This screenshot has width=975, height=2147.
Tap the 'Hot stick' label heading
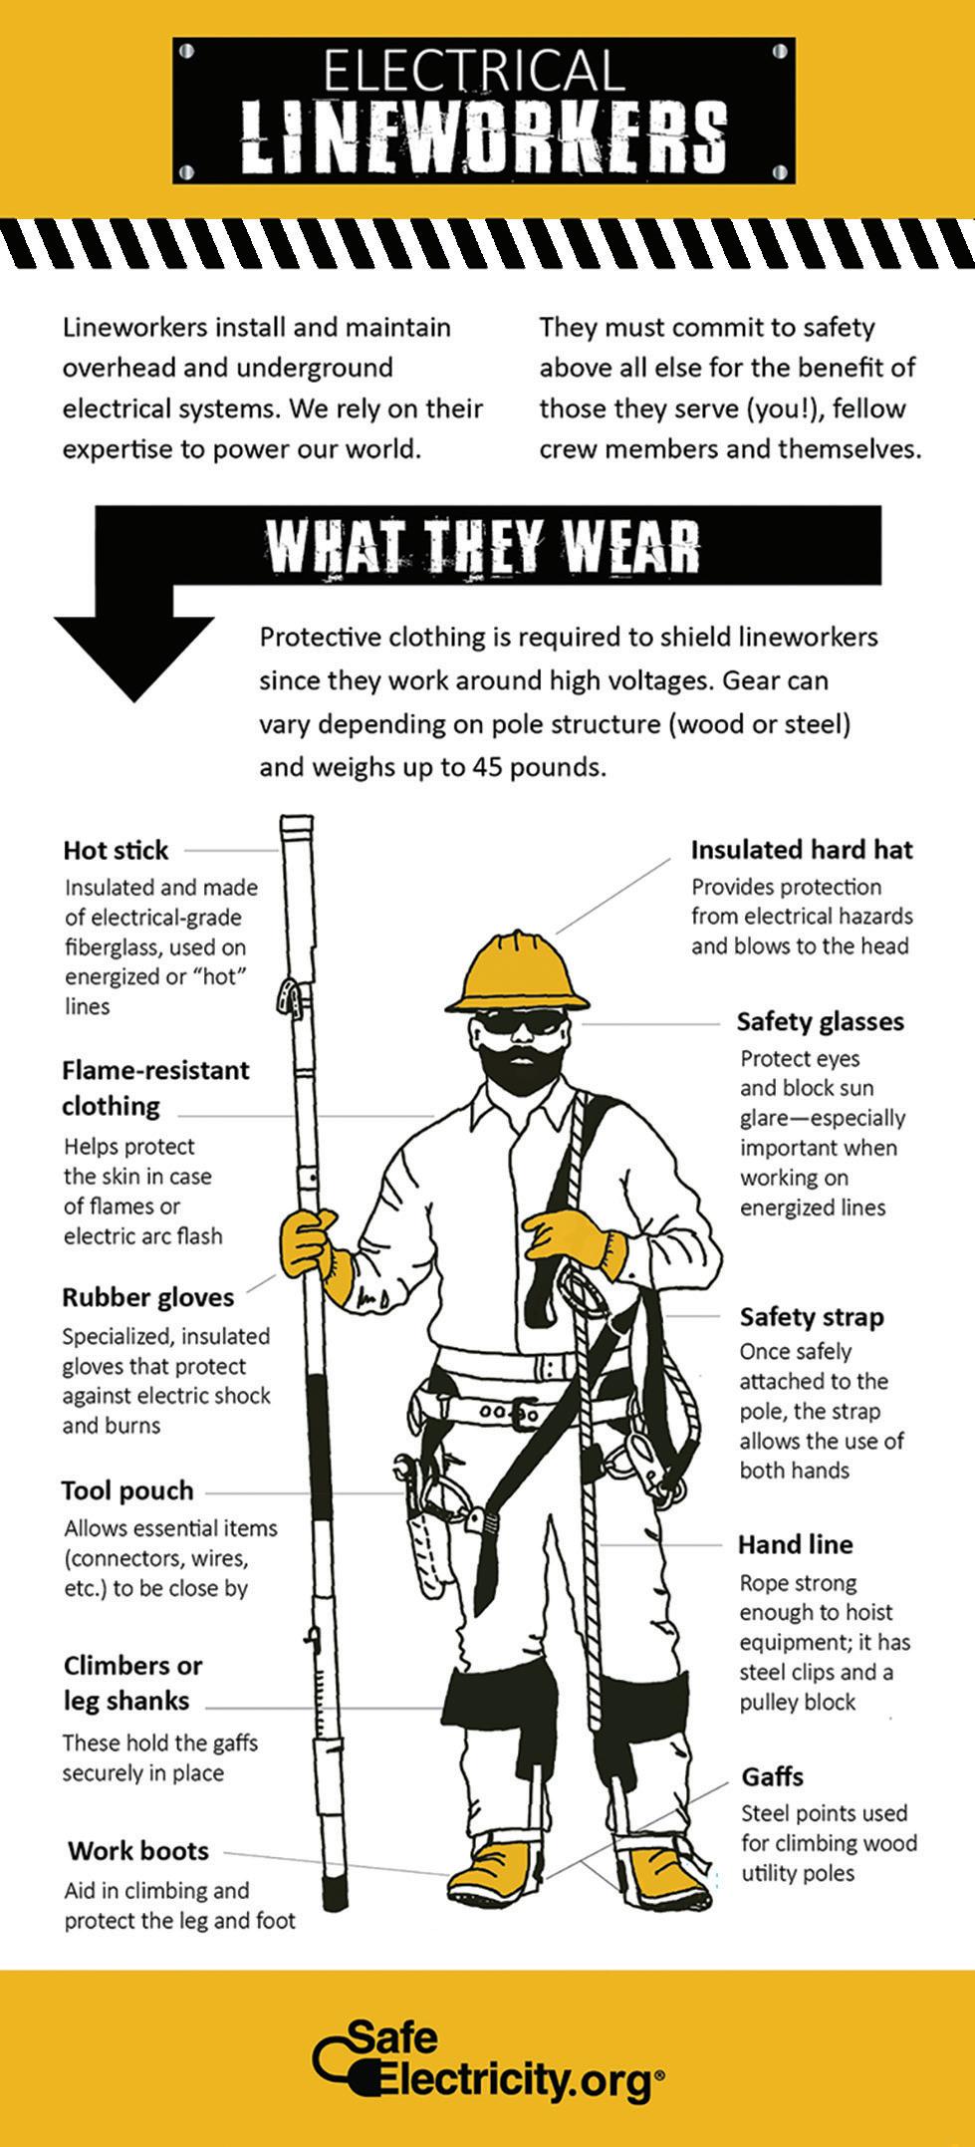point(116,850)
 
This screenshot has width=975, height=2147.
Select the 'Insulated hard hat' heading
point(801,849)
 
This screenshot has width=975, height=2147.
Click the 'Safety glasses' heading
point(820,1021)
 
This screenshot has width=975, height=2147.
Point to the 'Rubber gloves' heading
point(147,1297)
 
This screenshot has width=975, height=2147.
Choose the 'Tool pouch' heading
point(126,1490)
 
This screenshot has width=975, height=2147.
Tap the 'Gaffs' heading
point(772,1776)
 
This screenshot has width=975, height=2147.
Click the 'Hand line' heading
point(795,1544)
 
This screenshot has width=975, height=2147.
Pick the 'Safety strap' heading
point(811,1317)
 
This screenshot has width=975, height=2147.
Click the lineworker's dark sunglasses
point(520,1022)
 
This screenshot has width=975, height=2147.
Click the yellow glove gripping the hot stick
point(308,1245)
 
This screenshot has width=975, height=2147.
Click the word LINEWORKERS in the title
point(485,136)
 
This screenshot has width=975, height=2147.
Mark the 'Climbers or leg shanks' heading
point(131,1683)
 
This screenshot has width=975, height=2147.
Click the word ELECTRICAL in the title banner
point(473,73)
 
